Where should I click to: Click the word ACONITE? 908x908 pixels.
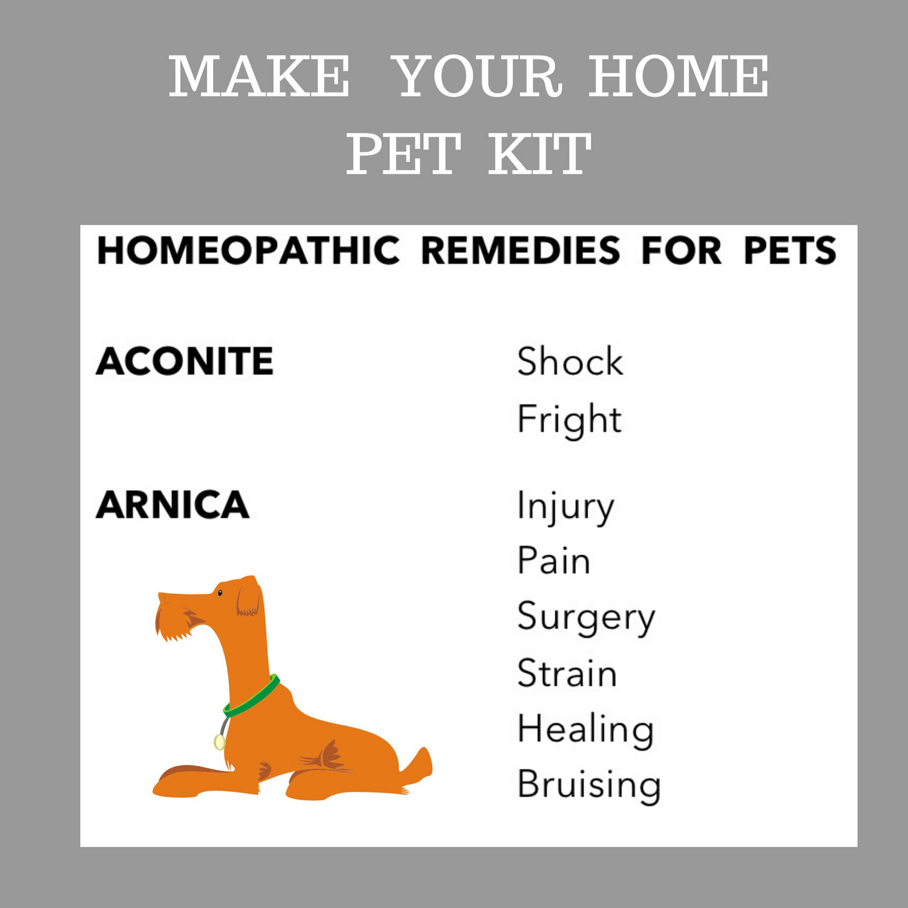185,361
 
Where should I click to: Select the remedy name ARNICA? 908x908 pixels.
173,505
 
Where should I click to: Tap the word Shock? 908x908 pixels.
570,361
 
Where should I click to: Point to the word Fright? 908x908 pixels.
569,419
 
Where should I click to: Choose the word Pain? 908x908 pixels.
553,561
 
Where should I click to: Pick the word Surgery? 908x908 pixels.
586,617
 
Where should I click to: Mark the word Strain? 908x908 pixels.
567,673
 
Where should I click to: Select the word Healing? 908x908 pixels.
585,729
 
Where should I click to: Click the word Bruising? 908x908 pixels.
589,785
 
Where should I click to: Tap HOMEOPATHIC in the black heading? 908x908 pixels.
248,251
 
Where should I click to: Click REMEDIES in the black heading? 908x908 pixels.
520,251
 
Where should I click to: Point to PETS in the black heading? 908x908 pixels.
789,251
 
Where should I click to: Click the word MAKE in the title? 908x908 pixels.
259,76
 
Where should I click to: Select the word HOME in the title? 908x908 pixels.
679,76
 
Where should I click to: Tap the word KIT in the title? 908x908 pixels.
539,154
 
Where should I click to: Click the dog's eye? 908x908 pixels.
220,593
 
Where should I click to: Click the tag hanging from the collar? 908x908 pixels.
219,742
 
